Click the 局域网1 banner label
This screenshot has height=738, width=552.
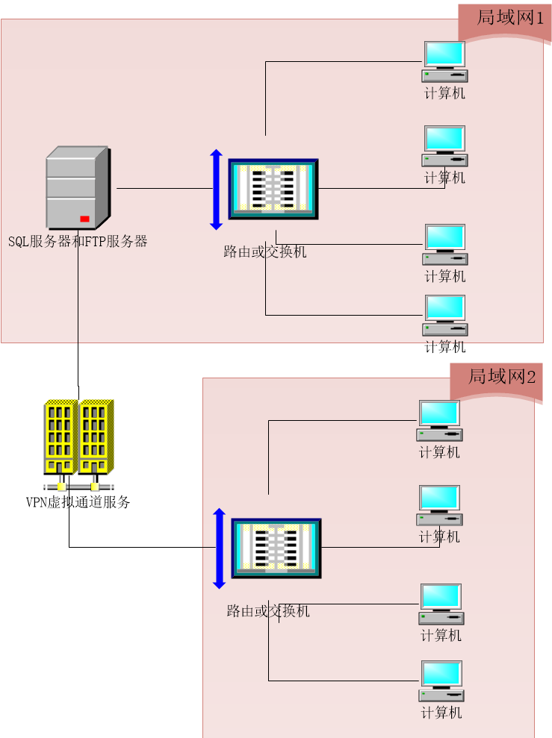510,19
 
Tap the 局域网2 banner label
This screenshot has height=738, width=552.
502,377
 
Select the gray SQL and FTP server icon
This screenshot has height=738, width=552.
78,188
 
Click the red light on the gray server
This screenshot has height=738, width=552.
84,219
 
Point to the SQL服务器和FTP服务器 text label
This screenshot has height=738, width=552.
78,242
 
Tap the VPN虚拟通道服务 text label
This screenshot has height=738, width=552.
78,503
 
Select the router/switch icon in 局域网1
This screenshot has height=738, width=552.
273,189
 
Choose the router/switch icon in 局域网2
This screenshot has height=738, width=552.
276,548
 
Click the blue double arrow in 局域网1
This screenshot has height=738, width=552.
216,190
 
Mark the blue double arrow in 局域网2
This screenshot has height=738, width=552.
219,548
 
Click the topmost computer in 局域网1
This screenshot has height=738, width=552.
444,61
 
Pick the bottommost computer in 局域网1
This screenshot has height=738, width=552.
444,315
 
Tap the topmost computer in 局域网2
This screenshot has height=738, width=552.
438,421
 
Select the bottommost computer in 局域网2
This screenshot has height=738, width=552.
441,681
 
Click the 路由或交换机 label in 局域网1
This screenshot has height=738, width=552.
264,252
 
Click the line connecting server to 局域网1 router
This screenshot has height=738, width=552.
164,189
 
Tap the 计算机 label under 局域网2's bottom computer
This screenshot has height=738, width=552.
441,713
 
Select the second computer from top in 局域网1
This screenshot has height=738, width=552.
444,146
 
